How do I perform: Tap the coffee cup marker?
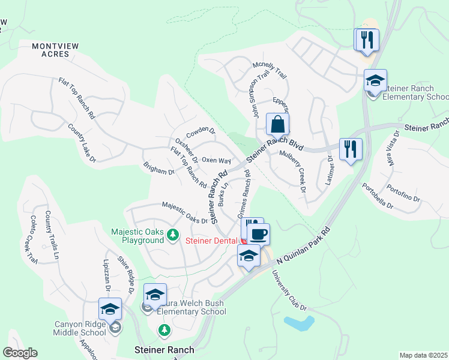[x=258, y=234]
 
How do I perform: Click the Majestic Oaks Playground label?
[x=137, y=236]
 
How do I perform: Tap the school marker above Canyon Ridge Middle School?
[x=110, y=309]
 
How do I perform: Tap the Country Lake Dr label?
[x=82, y=142]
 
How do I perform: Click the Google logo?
[x=20, y=352]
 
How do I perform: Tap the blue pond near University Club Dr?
[x=300, y=324]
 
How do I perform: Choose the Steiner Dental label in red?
[x=212, y=241]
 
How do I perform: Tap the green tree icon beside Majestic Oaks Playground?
[x=173, y=235]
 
